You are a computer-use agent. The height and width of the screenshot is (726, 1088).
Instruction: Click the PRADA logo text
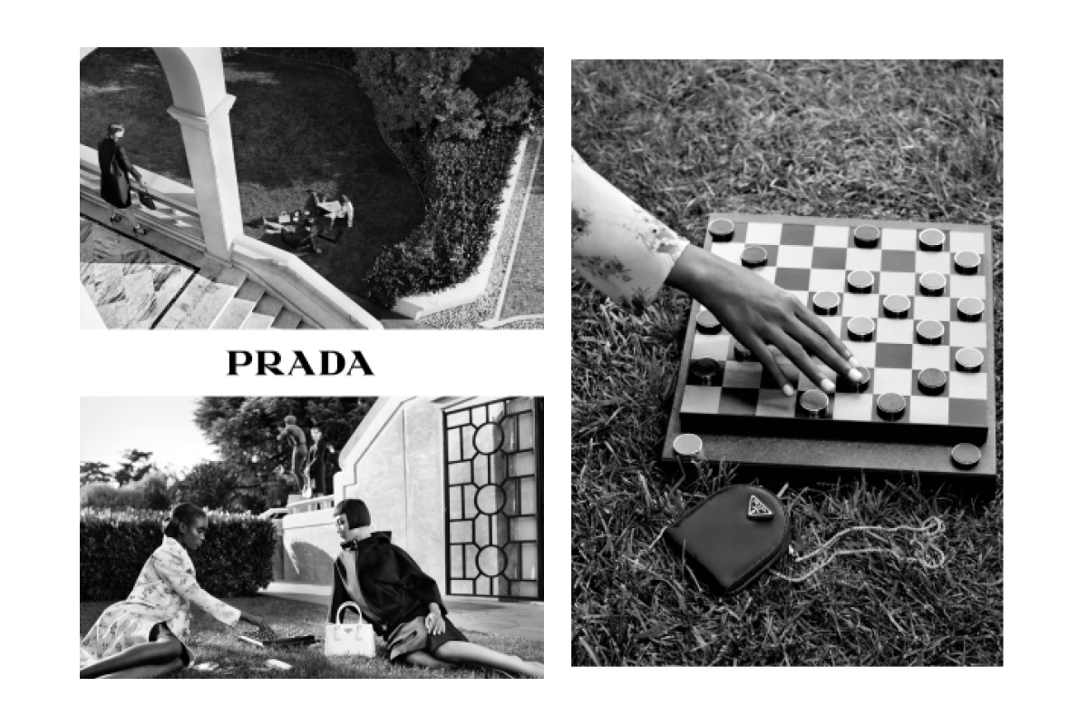(x=300, y=363)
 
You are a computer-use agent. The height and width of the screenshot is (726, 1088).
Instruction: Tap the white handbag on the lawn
(x=350, y=632)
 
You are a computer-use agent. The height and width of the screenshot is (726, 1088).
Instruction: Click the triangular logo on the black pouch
(x=761, y=507)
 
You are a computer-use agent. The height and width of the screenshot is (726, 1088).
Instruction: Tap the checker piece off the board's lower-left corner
(x=687, y=445)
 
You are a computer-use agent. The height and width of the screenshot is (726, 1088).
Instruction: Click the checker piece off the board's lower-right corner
(x=966, y=456)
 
